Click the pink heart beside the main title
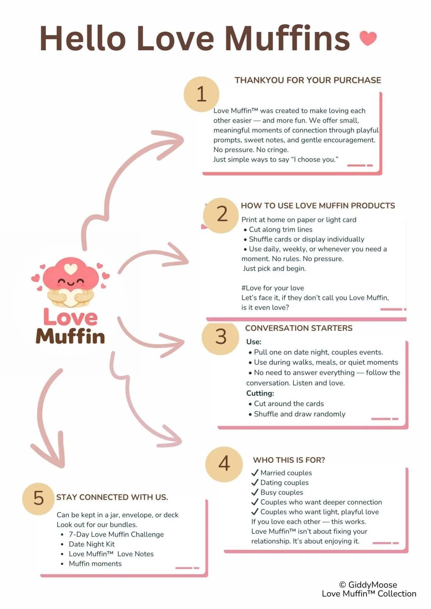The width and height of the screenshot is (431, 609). [368, 38]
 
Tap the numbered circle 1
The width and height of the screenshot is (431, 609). [201, 94]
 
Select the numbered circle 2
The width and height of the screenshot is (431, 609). [221, 215]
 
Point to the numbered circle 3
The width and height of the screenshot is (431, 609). [220, 337]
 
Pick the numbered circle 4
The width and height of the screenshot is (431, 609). [224, 464]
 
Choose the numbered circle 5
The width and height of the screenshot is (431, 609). [38, 499]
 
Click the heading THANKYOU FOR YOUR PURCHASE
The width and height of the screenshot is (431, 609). [308, 80]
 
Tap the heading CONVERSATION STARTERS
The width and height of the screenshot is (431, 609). [299, 328]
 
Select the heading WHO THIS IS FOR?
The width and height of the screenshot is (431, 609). [289, 460]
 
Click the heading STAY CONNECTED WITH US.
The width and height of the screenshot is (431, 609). [112, 497]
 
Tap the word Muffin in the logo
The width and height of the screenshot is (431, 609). [70, 336]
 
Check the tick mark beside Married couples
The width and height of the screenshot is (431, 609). [255, 473]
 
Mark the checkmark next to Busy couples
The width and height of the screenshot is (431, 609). [255, 492]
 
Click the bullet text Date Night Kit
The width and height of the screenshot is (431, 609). [92, 544]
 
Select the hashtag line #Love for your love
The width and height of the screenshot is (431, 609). [272, 288]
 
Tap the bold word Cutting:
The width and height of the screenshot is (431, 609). [260, 393]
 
